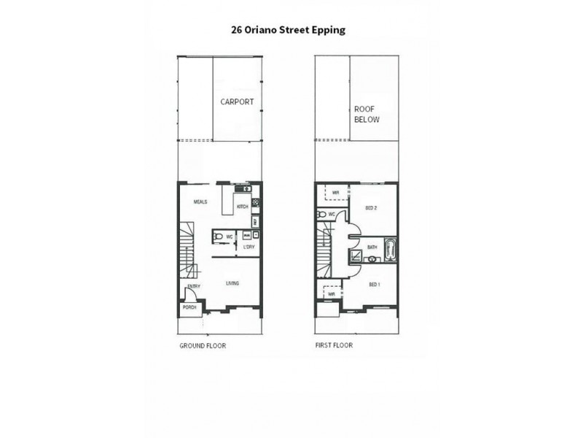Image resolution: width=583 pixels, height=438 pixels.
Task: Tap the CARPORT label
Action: tap(237, 102)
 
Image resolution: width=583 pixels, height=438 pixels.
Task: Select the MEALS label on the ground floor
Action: tap(202, 202)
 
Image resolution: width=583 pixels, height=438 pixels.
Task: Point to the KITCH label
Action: tap(243, 207)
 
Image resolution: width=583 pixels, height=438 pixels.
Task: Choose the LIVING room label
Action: tap(232, 283)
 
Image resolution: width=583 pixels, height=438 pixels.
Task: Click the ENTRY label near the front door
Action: tap(194, 287)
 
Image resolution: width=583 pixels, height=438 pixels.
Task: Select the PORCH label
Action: tap(189, 308)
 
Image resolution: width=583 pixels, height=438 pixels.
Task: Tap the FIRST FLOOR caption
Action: tap(334, 345)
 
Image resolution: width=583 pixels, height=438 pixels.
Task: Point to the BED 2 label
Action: tap(370, 208)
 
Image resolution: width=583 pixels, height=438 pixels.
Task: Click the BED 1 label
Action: tap(374, 284)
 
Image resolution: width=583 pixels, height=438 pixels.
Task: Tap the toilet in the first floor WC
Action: tap(322, 215)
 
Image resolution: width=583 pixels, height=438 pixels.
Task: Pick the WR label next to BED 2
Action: tap(335, 193)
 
